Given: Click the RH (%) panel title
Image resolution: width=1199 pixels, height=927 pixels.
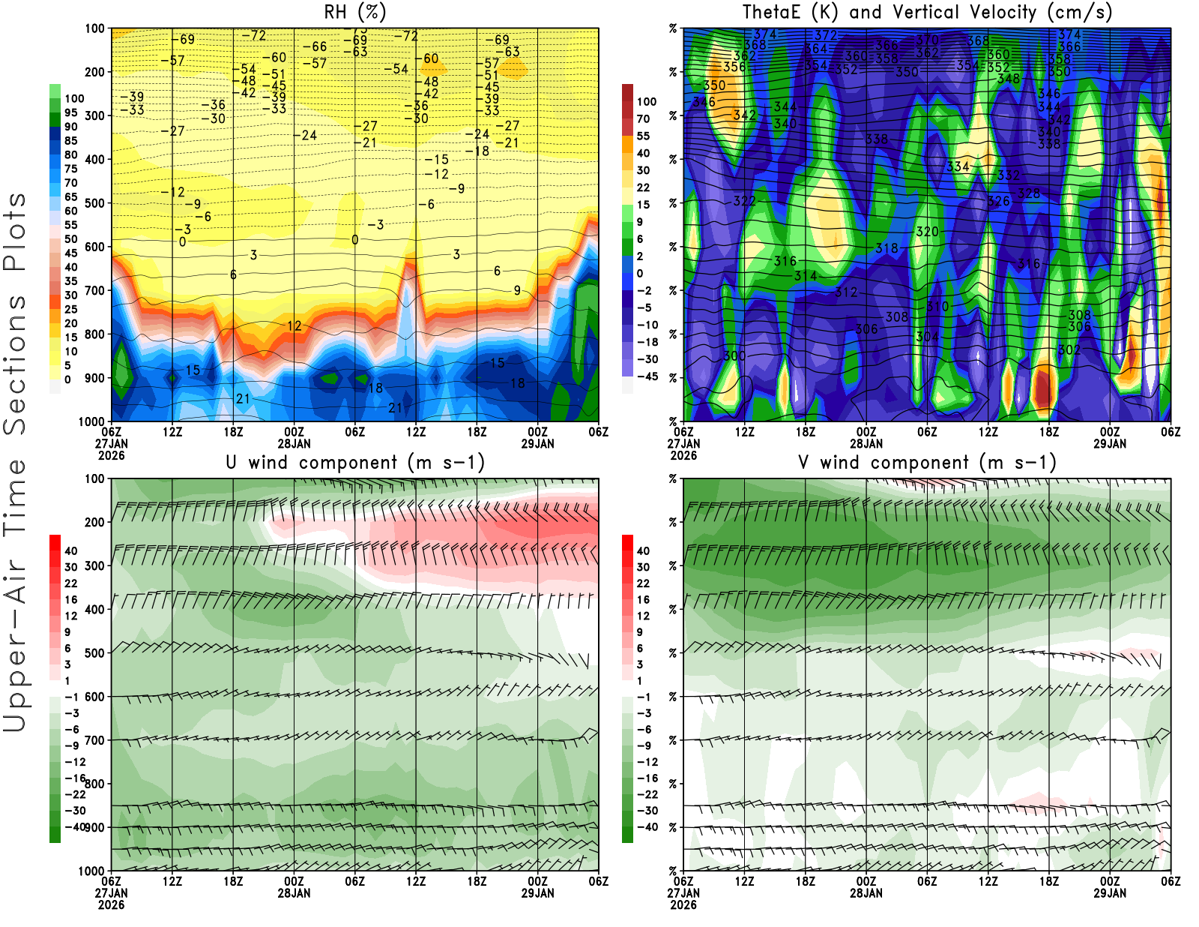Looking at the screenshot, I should [355, 12].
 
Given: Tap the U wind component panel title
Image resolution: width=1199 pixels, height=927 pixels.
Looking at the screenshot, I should [355, 462].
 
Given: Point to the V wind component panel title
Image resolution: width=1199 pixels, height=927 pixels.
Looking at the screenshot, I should [927, 462].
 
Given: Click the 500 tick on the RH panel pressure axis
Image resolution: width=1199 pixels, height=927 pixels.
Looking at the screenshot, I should [94, 203].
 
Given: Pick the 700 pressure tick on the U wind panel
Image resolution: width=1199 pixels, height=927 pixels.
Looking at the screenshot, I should [94, 740].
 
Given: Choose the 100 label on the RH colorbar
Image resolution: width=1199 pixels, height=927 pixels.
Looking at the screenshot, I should [74, 98].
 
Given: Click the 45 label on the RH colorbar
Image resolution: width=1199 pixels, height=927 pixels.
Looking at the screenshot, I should [71, 253].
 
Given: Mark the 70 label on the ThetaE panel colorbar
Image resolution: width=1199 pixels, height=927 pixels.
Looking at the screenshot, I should [643, 118].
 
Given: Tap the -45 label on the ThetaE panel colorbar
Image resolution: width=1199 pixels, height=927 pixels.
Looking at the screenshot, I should [647, 376].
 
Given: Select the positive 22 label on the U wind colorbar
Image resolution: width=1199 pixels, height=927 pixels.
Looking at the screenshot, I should [71, 583].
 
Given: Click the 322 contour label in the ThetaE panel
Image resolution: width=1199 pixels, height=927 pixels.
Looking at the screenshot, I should [744, 201].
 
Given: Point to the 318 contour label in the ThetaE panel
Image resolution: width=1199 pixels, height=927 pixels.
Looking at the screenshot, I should [887, 248].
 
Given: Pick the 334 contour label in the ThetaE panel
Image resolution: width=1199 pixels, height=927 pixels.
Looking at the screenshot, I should [958, 166].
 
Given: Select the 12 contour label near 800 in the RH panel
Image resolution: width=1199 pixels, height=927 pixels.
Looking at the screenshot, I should [295, 326].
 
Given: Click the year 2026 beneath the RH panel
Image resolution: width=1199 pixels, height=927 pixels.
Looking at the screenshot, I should [111, 455].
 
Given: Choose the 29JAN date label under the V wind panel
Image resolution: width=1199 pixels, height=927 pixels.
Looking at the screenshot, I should [1110, 893].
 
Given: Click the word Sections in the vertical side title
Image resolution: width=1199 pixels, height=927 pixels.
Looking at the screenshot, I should [15, 364].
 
